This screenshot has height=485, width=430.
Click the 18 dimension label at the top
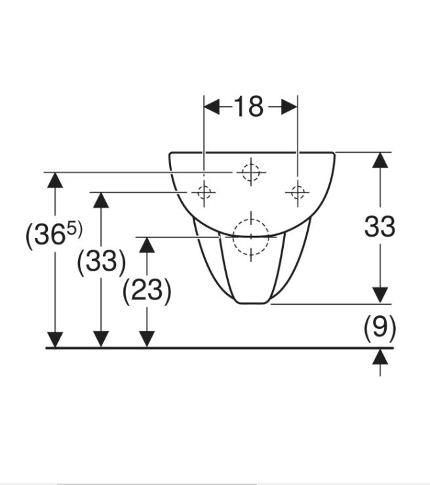click(248, 106)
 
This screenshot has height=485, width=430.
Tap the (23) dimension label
click(147, 290)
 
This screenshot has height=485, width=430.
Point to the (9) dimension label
click(380, 328)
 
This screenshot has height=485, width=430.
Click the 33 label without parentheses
click(380, 226)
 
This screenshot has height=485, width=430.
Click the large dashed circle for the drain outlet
click(251, 237)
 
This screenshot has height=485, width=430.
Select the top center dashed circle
click(251, 172)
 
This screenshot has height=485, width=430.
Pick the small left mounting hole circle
click(204, 193)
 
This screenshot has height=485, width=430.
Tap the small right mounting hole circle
click(298, 193)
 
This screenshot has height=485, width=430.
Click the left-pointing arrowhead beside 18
click(212, 107)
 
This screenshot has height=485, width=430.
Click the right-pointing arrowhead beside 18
click(290, 107)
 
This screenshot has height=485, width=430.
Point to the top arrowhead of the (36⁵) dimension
click(55, 180)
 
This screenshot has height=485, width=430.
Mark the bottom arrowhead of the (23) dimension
click(147, 339)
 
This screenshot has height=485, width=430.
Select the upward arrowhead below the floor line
click(380, 357)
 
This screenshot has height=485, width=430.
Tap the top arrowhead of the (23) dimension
click(147, 245)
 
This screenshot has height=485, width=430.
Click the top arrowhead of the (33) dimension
click(101, 200)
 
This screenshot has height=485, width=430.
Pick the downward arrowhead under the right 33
click(380, 296)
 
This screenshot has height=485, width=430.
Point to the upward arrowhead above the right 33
click(380, 160)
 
